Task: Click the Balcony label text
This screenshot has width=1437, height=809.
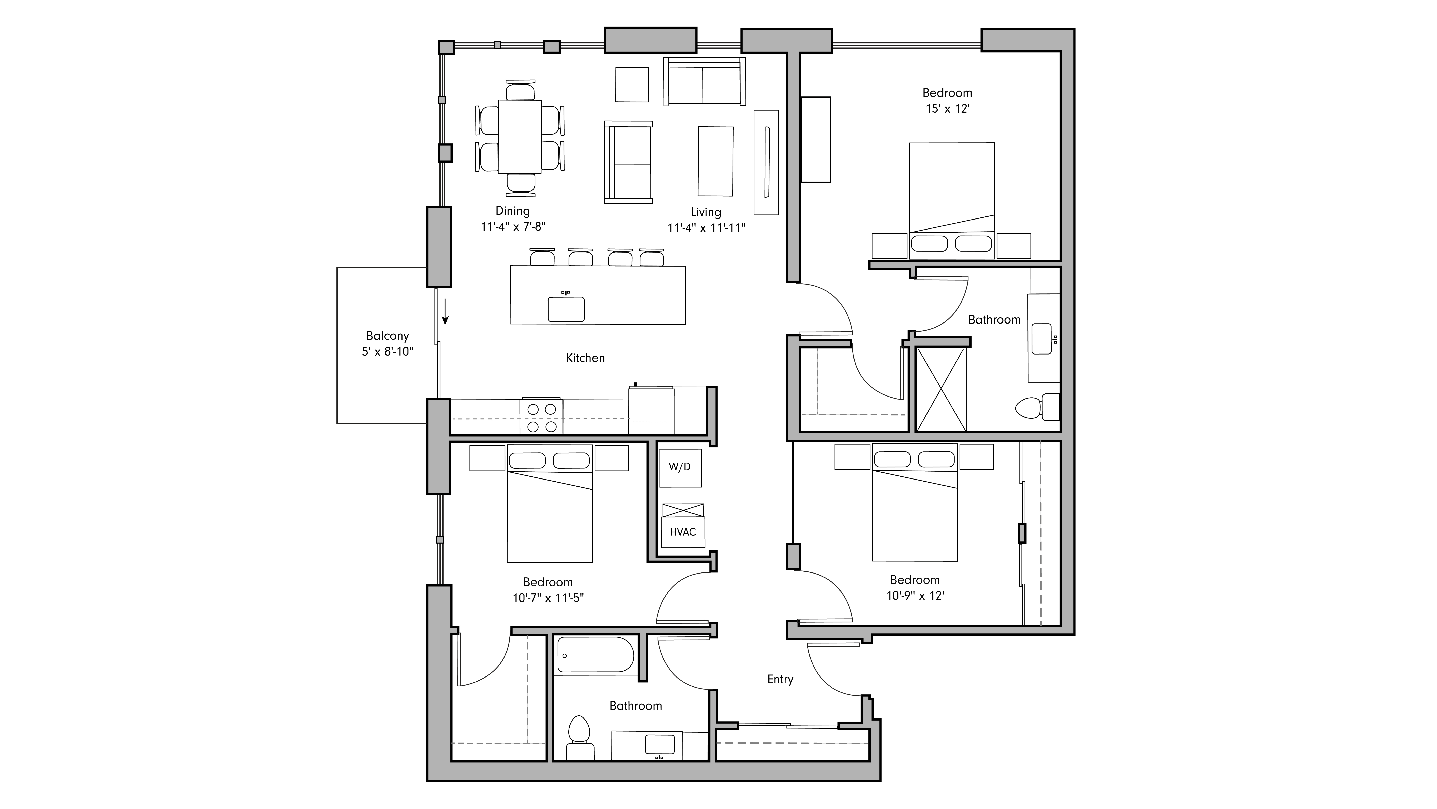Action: [x=387, y=336]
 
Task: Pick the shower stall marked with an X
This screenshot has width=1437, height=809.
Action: [x=941, y=389]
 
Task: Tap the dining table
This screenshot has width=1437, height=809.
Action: [x=519, y=137]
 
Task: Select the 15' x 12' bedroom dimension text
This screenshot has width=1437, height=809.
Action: [x=947, y=109]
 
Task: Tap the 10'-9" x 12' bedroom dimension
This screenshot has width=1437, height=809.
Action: [x=915, y=596]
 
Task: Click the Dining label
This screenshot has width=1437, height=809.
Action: [x=512, y=211]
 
